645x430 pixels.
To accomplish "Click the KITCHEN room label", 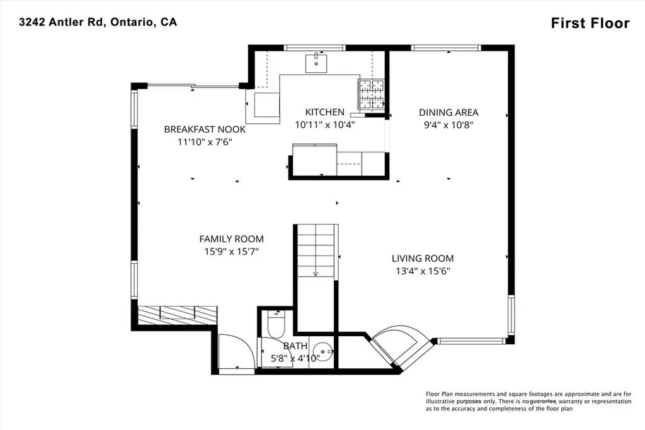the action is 324,112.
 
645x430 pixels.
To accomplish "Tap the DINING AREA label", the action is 448,112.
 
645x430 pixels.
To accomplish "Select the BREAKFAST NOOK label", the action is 205,130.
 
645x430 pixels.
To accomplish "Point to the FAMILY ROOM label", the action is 232,239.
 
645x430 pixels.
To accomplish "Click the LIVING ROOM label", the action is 423,259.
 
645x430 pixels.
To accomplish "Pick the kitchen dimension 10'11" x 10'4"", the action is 324,125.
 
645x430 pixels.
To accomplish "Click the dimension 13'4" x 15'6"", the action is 423,271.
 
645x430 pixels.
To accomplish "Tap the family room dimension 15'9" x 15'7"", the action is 232,252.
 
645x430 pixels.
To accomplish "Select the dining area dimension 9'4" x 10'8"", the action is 448,125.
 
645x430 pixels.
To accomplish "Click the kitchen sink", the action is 316,63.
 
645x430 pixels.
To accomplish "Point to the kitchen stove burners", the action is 372,94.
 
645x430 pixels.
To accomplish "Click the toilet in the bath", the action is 275,324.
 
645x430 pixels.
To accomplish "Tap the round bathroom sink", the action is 322,352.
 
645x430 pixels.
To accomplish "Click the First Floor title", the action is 590,23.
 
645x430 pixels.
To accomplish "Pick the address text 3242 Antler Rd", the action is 63,22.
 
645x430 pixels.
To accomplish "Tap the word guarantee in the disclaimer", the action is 544,401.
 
